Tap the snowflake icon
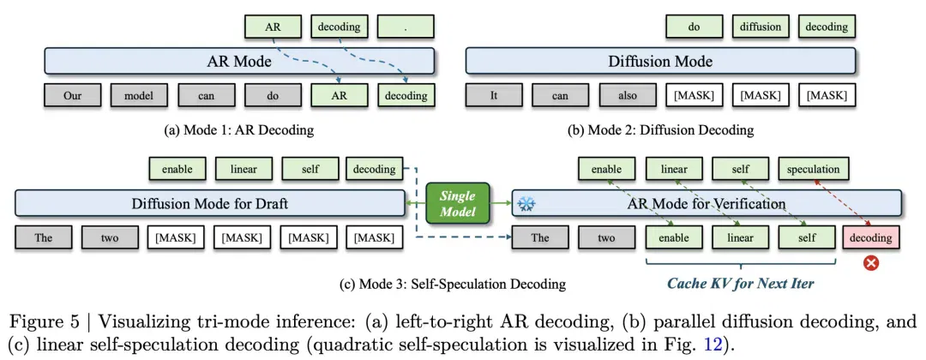[525, 204]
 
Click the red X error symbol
[870, 262]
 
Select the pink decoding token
[871, 237]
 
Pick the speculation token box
[813, 170]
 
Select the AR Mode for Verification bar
[707, 204]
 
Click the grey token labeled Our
[73, 96]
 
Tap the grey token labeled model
[139, 96]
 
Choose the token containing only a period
[405, 27]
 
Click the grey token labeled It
[493, 96]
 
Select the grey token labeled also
[627, 96]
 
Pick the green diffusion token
[760, 27]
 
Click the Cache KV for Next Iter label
[741, 283]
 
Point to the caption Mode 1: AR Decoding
[238, 130]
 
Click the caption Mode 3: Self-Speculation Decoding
[453, 285]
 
